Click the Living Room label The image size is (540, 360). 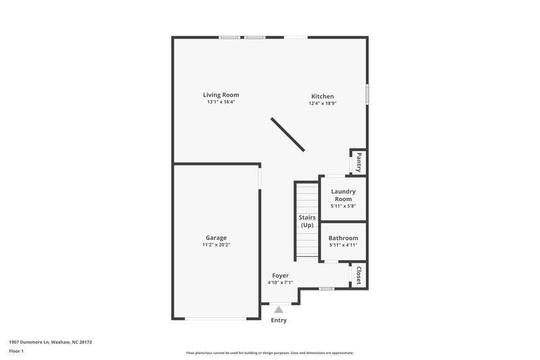coord(221,95)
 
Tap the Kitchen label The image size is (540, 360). coord(322,97)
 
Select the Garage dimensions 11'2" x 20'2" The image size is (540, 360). coord(216,245)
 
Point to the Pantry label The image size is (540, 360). coord(359,162)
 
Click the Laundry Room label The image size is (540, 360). coord(343,195)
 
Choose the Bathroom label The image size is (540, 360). coord(343,238)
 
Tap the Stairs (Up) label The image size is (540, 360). coord(307,222)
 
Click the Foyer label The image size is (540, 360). coord(280,276)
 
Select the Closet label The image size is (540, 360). coord(359,276)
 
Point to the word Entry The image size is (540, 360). coord(278,320)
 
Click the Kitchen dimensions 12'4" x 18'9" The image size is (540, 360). coord(322,104)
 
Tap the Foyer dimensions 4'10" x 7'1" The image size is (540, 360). coord(280,283)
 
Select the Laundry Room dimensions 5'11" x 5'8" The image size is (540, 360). coord(343,207)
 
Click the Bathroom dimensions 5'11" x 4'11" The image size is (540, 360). coord(343,246)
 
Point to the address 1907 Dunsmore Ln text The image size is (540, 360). coord(50,342)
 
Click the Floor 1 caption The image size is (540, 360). coord(16,352)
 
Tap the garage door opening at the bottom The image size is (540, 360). coord(216,318)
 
